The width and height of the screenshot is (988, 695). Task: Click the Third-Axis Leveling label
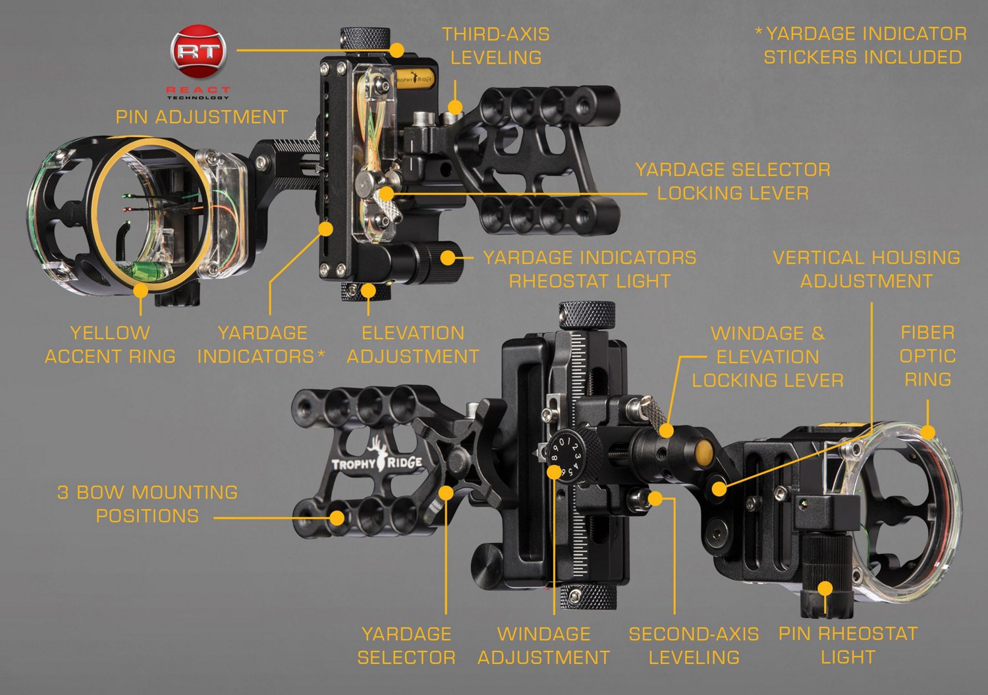(x=495, y=45)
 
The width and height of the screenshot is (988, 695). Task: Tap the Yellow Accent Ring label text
(x=110, y=345)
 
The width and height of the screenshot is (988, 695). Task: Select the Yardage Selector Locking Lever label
(x=732, y=181)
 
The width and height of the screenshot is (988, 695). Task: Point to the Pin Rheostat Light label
(x=848, y=645)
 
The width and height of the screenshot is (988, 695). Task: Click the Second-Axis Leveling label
(x=694, y=645)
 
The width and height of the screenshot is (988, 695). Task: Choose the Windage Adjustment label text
(x=543, y=645)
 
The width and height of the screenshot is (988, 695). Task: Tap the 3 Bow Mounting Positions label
(x=148, y=504)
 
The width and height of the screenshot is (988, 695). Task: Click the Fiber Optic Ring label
(x=927, y=356)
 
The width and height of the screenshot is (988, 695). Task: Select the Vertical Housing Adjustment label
(x=866, y=269)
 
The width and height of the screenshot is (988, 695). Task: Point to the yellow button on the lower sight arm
(x=703, y=451)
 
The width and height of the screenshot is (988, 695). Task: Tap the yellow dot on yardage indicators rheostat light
(x=448, y=257)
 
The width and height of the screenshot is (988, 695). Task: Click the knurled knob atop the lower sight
(x=586, y=315)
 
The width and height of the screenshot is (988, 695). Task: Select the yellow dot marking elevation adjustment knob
(x=368, y=291)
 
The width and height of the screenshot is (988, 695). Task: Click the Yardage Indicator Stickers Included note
(x=862, y=45)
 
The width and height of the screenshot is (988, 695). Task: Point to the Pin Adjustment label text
(x=202, y=117)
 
